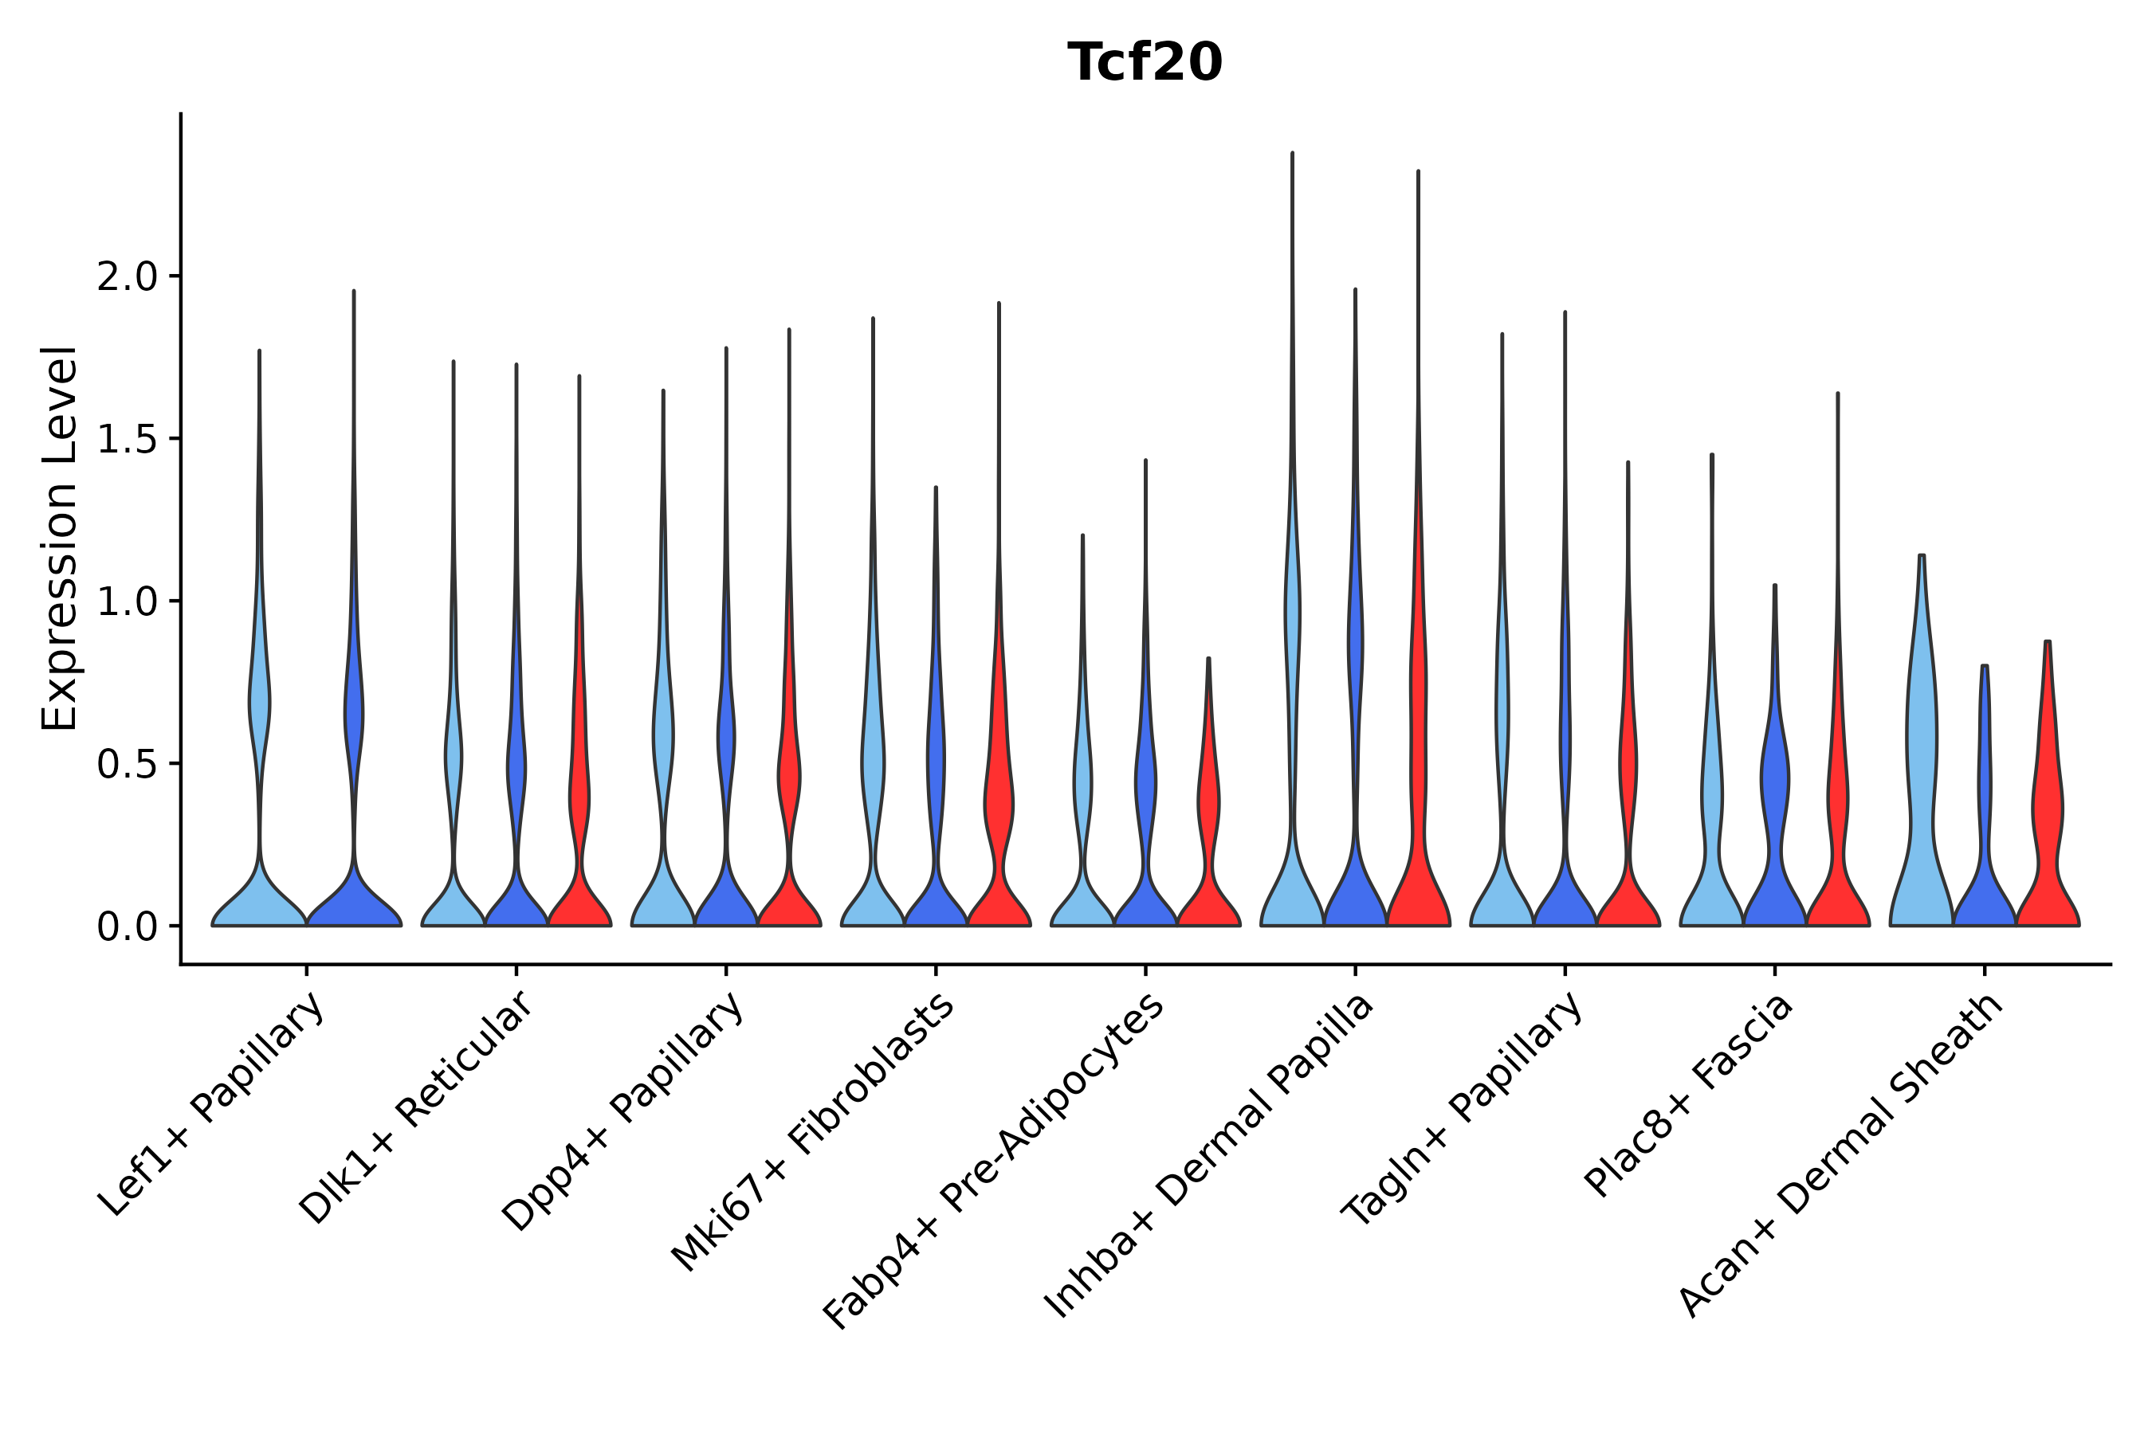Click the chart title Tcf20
coord(1145,63)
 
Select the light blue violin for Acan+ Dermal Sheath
coord(1922,778)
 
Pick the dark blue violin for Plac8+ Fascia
coord(1774,823)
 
